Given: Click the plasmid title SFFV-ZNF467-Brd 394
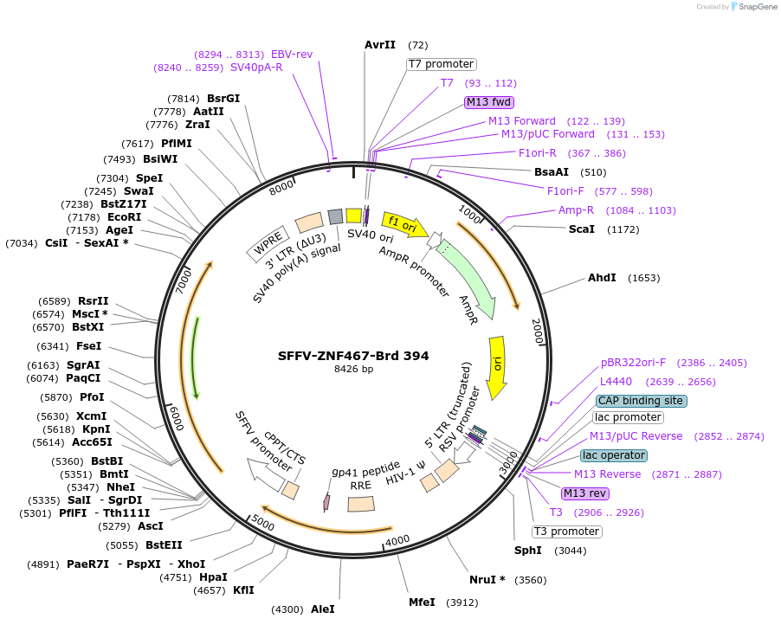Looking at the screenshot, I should click(353, 355).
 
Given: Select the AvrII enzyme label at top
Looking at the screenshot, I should click(380, 45).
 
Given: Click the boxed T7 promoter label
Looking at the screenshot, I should click(441, 64).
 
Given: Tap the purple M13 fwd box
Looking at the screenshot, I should click(489, 102).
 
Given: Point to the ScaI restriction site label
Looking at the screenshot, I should click(581, 229).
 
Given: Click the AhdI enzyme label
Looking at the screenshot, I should click(602, 278).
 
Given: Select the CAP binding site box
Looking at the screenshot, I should click(641, 401).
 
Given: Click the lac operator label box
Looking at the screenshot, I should click(613, 455).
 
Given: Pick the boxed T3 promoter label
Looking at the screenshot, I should click(566, 532).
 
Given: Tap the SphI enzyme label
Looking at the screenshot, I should click(527, 551).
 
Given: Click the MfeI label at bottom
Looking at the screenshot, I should click(422, 602).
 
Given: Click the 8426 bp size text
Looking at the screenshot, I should click(353, 370).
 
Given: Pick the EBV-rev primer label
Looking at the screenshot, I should click(292, 54).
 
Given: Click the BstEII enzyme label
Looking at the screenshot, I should click(164, 545).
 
